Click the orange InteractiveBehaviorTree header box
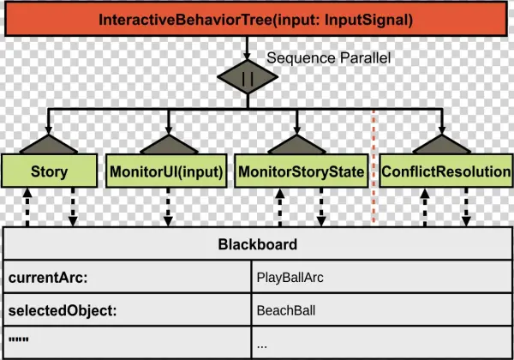(x=257, y=19)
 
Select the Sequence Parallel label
(x=328, y=58)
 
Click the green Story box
(x=49, y=171)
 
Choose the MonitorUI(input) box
(x=166, y=171)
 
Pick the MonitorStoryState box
(x=301, y=171)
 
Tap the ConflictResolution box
(x=445, y=171)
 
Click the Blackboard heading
(x=257, y=244)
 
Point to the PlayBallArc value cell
(x=290, y=278)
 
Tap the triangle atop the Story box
(x=49, y=144)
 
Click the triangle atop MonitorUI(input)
(x=166, y=144)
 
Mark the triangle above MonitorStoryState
(x=301, y=144)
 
